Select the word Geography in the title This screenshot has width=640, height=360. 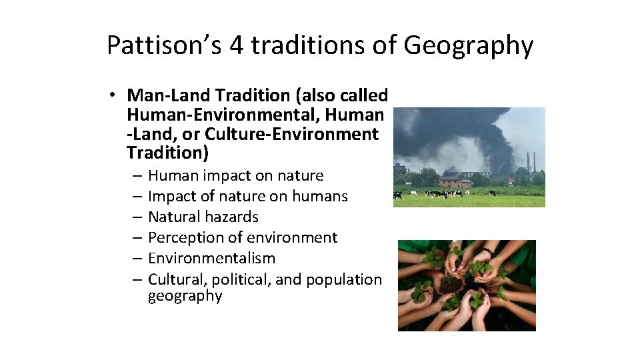(469, 45)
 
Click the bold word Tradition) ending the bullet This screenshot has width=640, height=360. (167, 153)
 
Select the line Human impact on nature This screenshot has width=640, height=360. (235, 176)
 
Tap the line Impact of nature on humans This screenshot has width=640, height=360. (247, 197)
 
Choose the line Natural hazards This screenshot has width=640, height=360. (203, 217)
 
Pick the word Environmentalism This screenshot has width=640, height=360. (211, 259)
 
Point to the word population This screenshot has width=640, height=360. (344, 279)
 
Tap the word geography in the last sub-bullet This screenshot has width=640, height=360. (185, 296)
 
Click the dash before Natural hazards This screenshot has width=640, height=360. (136, 217)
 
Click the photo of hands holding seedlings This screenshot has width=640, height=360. (467, 285)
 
